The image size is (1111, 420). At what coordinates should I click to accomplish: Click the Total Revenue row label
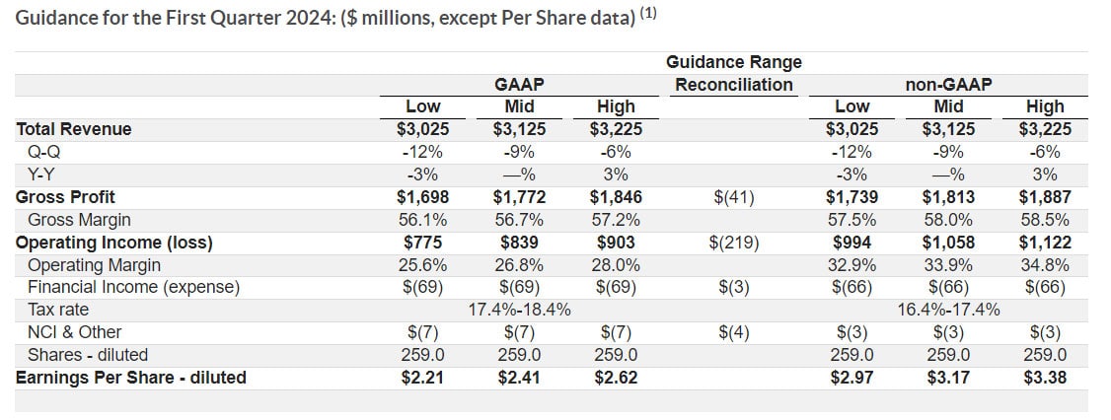(74, 129)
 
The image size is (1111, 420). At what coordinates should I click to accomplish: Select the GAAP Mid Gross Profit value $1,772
(520, 197)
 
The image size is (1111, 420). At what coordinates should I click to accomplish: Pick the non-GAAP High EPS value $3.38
(1045, 377)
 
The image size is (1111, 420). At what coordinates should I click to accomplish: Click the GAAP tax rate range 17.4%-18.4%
(520, 310)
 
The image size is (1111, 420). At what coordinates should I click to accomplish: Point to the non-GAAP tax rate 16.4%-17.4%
(948, 310)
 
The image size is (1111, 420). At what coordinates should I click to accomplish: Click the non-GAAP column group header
(948, 85)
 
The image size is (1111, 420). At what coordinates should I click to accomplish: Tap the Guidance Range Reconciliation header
(733, 73)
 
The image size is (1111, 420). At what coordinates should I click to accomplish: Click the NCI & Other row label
(75, 332)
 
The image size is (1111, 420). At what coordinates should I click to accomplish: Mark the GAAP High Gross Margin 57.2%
(617, 220)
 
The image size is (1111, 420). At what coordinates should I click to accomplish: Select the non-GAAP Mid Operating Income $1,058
(948, 243)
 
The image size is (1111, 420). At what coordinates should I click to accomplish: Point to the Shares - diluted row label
(88, 355)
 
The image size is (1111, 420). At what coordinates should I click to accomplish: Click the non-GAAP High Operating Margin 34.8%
(1045, 265)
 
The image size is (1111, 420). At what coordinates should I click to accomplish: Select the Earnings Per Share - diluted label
(131, 377)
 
